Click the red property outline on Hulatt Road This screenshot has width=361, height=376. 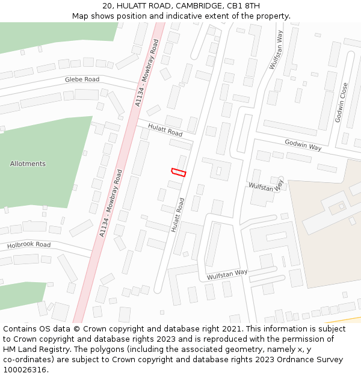coord(179,173)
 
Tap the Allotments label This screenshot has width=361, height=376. coord(28,164)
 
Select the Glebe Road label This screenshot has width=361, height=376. coord(82,79)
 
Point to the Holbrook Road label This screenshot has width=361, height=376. coord(29,245)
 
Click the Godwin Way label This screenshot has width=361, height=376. coord(303,144)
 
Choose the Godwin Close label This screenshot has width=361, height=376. coord(341,103)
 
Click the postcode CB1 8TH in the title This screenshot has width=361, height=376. coord(244,5)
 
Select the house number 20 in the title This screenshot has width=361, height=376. coord(107,5)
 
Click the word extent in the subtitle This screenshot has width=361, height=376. coord(229,16)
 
